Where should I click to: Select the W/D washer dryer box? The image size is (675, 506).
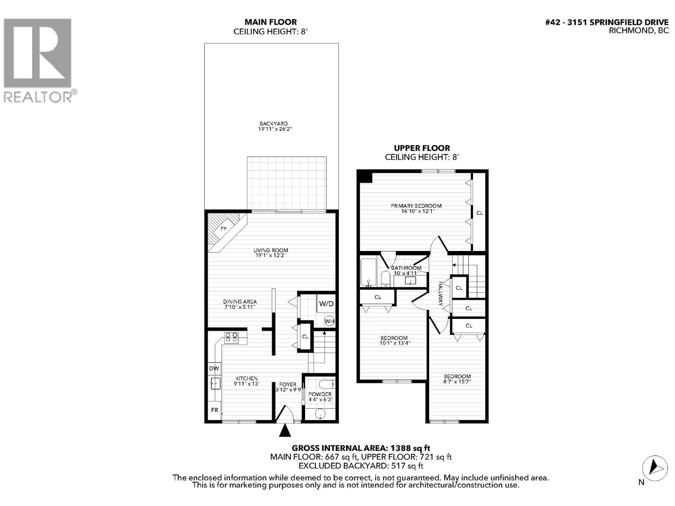pyautogui.click(x=326, y=303)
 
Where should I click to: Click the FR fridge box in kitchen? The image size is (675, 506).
pyautogui.click(x=214, y=410)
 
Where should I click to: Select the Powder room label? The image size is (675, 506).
pyautogui.click(x=320, y=394)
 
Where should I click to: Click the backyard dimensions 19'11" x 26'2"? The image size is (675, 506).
pyautogui.click(x=275, y=129)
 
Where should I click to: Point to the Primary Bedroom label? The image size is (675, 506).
pyautogui.click(x=416, y=206)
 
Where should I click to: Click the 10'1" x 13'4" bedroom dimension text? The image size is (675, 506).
pyautogui.click(x=395, y=343)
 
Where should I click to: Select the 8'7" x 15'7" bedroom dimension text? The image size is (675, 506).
pyautogui.click(x=457, y=381)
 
